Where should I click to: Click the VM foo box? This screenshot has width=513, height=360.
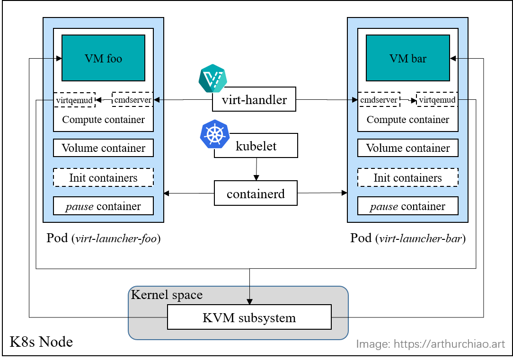click(103, 58)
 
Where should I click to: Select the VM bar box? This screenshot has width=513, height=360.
click(407, 58)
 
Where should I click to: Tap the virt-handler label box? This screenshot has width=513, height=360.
click(254, 99)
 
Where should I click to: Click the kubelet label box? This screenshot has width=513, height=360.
click(256, 146)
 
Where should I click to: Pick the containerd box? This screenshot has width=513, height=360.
click(256, 193)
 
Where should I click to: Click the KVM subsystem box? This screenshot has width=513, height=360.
click(249, 317)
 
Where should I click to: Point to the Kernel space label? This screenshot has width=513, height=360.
click(167, 295)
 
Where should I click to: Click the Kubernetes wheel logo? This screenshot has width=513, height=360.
click(214, 133)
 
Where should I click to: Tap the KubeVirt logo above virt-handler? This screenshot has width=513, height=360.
click(212, 78)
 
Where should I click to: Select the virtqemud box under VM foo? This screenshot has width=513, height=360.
click(74, 100)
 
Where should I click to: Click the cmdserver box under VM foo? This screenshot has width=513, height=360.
click(133, 100)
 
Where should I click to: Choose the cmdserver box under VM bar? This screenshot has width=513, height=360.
click(379, 100)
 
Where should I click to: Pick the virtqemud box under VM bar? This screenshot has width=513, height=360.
click(437, 100)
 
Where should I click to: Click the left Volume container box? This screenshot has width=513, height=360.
click(103, 148)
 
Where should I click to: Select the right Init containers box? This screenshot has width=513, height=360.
click(407, 178)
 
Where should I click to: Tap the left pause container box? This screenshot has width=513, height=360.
click(103, 206)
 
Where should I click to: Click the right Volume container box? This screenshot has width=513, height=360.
click(407, 148)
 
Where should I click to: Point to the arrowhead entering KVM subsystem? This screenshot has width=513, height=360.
click(249, 301)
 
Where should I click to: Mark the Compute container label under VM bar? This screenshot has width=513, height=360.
click(407, 120)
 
